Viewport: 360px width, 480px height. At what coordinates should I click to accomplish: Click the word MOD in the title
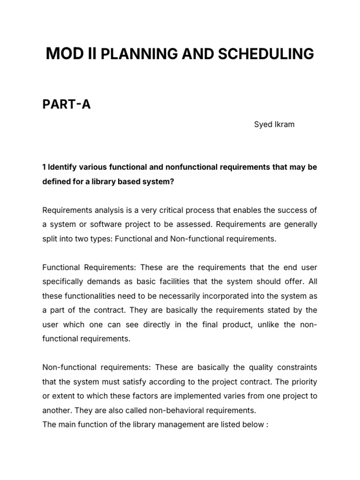[63, 54]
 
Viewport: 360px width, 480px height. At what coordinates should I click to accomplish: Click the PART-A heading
[66, 105]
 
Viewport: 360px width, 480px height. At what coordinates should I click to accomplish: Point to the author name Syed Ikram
[274, 125]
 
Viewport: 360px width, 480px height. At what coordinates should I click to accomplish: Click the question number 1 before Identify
[44, 167]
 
